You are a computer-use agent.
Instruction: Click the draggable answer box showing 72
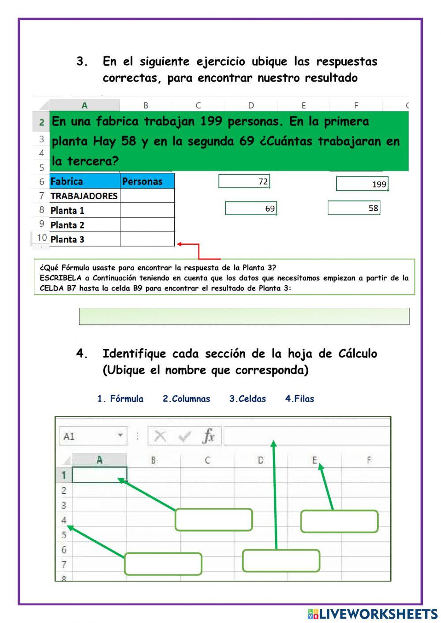coord(244,181)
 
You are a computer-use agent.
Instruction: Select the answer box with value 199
coord(362,184)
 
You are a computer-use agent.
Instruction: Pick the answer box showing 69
coord(250,208)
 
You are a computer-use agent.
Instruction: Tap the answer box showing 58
coord(354,208)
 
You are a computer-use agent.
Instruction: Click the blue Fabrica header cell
coord(85,181)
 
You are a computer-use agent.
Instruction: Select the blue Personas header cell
coord(147,181)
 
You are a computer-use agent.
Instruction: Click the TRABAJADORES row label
coord(84,196)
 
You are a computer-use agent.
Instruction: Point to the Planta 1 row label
coord(84,210)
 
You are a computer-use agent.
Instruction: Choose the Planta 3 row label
coord(84,239)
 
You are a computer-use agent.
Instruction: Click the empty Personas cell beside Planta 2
coord(147,225)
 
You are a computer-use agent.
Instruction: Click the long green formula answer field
coord(244,316)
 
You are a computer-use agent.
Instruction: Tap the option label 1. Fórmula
coord(120,399)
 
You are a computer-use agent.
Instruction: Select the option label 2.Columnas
coord(186,399)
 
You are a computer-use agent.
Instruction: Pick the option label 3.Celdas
coord(247,399)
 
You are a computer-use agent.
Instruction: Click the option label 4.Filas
coord(299,399)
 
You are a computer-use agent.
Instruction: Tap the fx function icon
coord(208,436)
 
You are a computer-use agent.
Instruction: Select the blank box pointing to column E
coord(339,521)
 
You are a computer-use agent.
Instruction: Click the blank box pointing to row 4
coord(163,564)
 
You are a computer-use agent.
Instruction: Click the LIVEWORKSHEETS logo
coord(373,614)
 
